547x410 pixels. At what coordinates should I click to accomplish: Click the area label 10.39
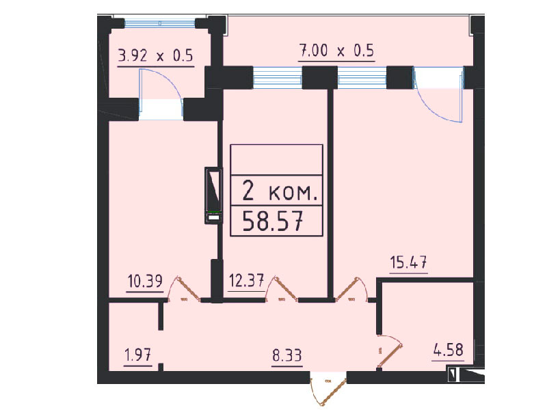145,281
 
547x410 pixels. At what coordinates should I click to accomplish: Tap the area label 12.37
246,280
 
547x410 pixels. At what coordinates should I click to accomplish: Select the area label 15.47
408,262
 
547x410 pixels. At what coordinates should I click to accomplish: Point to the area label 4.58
449,350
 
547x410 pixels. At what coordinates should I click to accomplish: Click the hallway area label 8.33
286,355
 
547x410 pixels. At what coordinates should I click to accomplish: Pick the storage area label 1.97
138,355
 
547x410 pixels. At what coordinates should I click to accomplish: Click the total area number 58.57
272,221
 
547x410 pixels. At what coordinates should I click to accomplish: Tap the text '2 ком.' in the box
280,191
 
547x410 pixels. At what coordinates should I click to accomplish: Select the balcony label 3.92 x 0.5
156,55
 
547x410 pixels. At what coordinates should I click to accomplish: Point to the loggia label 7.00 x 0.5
336,51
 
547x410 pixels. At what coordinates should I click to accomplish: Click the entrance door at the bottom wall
328,388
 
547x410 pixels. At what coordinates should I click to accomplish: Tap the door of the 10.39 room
185,289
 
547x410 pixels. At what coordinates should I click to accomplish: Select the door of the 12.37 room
282,289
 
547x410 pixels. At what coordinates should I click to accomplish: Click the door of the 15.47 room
351,289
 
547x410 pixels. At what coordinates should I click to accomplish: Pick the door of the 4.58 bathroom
390,351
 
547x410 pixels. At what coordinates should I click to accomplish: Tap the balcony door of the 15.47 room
438,94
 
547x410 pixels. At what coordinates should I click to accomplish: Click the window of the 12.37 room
278,77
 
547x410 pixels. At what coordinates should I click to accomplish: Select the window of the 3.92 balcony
160,23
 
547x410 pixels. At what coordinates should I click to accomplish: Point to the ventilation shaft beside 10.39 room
213,195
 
